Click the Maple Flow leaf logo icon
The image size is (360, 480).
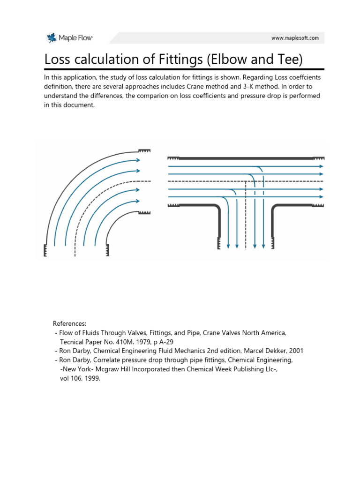click(x=51, y=37)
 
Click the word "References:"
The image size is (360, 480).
click(x=69, y=323)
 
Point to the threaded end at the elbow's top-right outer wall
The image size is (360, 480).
click(x=144, y=151)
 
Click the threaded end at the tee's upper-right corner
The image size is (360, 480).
click(x=319, y=158)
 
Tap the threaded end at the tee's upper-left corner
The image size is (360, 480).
click(x=174, y=158)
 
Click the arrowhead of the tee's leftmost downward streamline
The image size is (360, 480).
click(x=228, y=245)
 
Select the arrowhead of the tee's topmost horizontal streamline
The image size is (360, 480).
click(x=321, y=166)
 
